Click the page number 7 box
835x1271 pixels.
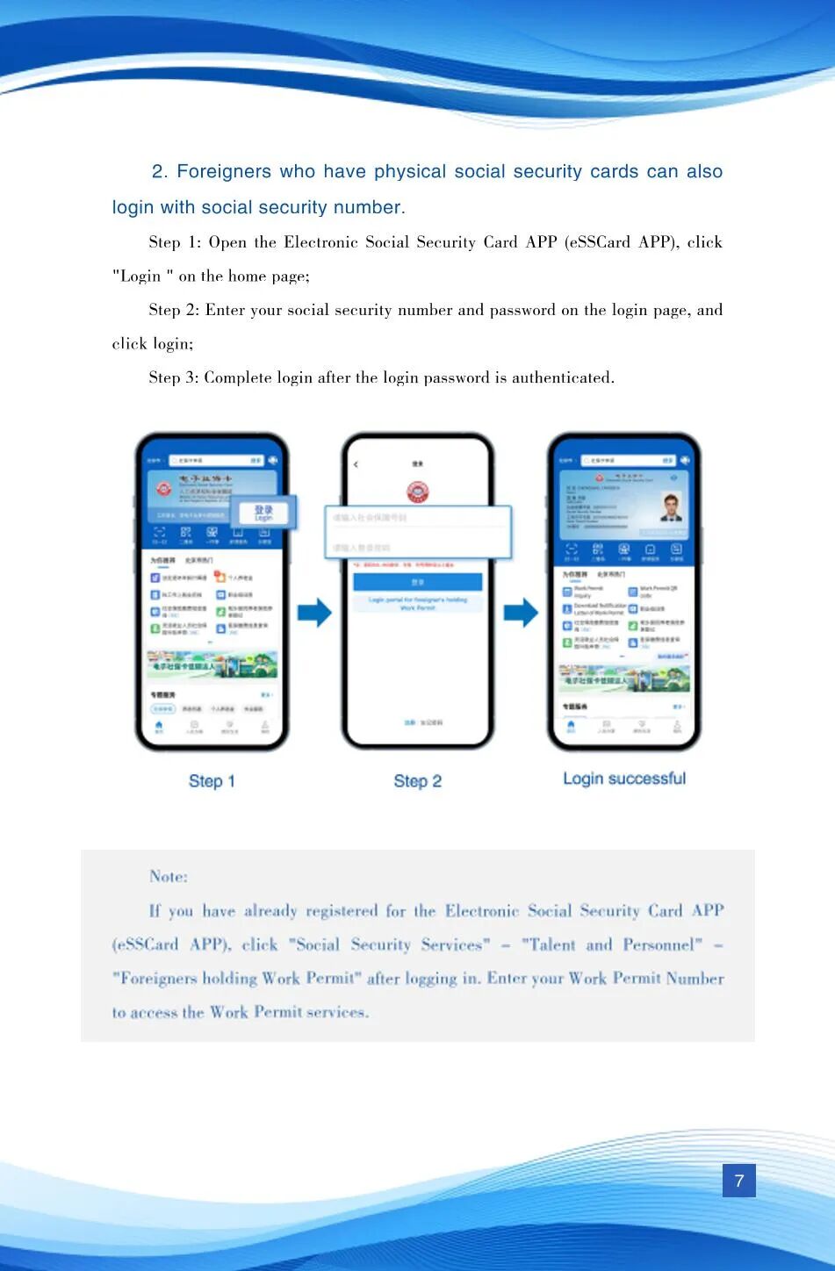coord(738,1181)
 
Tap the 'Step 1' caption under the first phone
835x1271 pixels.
coord(212,781)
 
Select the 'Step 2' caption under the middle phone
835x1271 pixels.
coord(417,781)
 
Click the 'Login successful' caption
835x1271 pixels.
coord(623,779)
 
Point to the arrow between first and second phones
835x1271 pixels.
coord(314,613)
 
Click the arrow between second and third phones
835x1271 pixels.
coord(521,613)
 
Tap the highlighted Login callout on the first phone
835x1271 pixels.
coord(263,513)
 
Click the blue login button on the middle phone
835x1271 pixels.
coord(417,582)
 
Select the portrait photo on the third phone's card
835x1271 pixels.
coord(671,507)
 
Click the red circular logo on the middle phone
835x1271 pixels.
coord(417,492)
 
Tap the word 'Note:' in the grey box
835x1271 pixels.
coord(169,876)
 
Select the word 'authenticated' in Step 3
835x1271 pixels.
coord(561,378)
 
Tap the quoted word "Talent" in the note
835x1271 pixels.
coord(549,945)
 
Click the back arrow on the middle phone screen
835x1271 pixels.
coord(356,463)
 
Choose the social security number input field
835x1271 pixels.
coord(417,518)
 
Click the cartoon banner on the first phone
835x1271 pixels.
coord(211,664)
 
